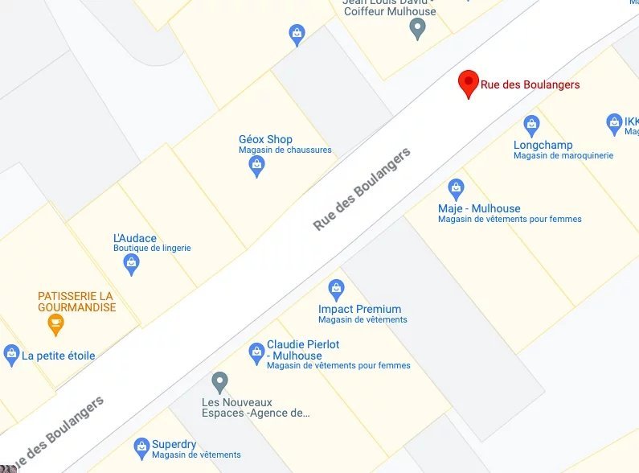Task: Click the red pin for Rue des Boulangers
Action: click(x=469, y=83)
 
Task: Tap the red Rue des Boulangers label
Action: click(x=530, y=84)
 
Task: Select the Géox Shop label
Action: click(x=265, y=139)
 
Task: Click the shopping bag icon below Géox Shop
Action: click(x=256, y=167)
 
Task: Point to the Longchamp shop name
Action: click(x=543, y=145)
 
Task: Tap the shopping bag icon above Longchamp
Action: click(x=531, y=125)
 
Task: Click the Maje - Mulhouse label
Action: click(x=479, y=208)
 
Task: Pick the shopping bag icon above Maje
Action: click(x=456, y=189)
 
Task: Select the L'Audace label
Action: click(x=135, y=238)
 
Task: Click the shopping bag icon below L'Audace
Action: click(x=132, y=264)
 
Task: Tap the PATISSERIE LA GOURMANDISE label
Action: click(x=76, y=302)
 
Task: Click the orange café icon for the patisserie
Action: click(x=55, y=324)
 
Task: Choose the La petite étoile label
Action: click(x=58, y=356)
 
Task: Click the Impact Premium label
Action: click(x=359, y=309)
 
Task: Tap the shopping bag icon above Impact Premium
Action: click(x=336, y=289)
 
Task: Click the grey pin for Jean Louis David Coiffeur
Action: click(x=417, y=29)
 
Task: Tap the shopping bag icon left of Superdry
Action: click(x=141, y=447)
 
